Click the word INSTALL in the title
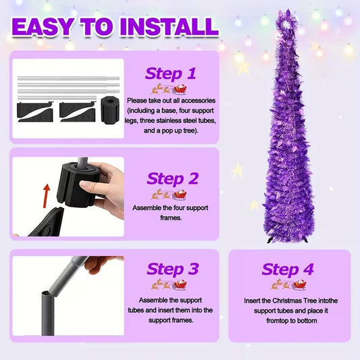click(170, 27)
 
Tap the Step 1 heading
click(170, 74)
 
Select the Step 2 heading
click(172, 178)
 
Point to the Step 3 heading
click(172, 269)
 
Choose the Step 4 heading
click(288, 269)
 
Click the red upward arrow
click(47, 196)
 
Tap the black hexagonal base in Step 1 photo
click(110, 110)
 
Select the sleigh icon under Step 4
click(298, 285)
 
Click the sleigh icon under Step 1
click(180, 89)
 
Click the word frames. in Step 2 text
click(171, 217)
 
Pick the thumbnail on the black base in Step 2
click(86, 184)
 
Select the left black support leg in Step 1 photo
click(35, 112)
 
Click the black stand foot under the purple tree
click(272, 240)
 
